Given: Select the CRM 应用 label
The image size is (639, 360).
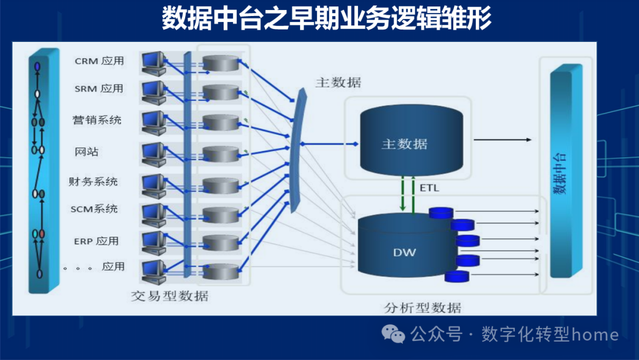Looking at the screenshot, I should click(99, 61).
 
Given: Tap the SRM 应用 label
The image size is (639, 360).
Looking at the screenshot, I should click(99, 89).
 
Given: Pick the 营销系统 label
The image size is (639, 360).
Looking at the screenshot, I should click(97, 120).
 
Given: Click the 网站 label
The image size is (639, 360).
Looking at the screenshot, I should click(86, 152).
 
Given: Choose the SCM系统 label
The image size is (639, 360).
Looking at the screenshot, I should click(94, 209).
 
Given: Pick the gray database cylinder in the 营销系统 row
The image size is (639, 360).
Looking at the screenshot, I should click(220, 123).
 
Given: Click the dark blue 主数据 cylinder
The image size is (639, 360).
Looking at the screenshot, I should click(404, 143).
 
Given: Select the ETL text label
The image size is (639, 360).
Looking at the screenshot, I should click(430, 188).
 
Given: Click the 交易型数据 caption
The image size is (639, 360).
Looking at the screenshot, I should click(170, 295).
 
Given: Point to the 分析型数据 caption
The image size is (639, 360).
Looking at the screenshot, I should click(422, 308).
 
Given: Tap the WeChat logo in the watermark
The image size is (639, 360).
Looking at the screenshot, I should click(393, 335).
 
